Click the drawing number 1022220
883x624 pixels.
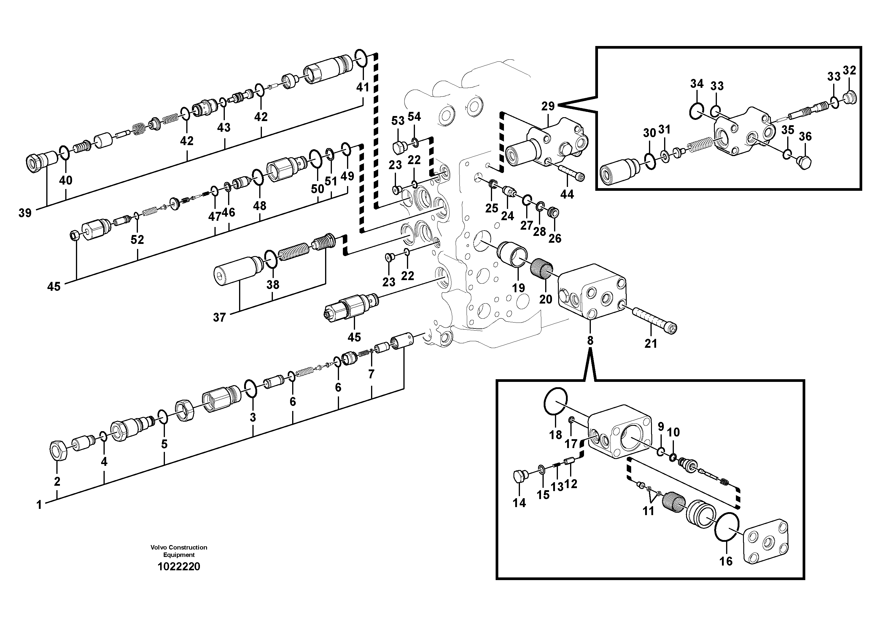click(179, 567)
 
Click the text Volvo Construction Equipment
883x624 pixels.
click(179, 551)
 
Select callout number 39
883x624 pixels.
click(25, 213)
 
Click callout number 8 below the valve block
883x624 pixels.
click(590, 340)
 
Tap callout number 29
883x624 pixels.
click(548, 106)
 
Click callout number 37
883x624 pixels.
click(219, 317)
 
